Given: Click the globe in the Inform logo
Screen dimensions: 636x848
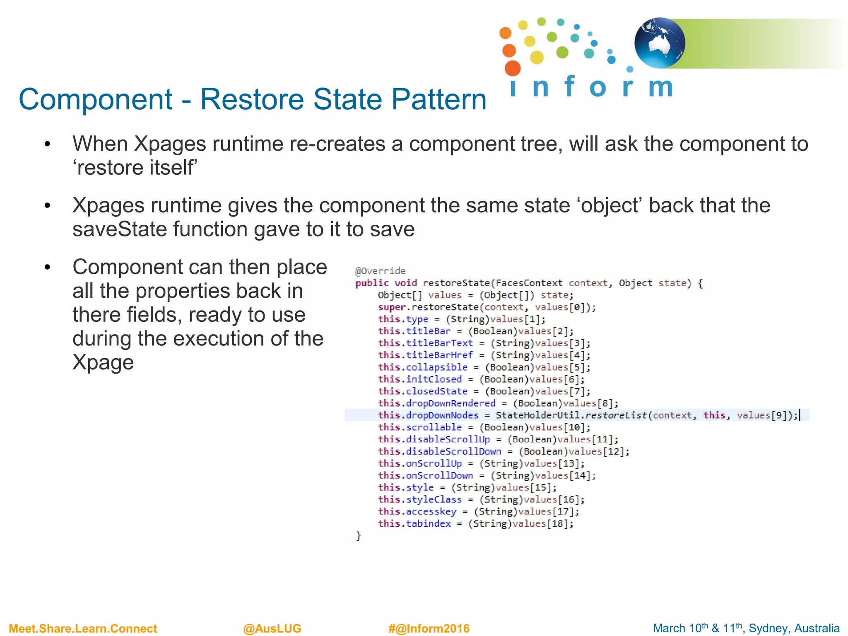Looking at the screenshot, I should pos(660,43).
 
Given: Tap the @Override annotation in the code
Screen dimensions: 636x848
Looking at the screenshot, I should pos(380,271).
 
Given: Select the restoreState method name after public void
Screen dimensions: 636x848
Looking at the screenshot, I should pos(456,283).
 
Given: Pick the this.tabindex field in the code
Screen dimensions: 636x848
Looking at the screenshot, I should pos(414,524).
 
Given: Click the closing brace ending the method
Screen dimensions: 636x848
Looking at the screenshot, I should pos(359,536).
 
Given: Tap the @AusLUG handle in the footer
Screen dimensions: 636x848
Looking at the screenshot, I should pos(272,629).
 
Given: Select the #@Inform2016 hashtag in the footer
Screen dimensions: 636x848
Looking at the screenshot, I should pos(429,629).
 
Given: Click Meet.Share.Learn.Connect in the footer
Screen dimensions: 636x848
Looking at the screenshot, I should pos(83,629).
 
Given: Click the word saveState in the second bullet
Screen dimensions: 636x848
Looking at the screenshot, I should pos(120,229).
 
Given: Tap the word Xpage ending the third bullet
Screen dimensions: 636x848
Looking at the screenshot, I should pos(103,363).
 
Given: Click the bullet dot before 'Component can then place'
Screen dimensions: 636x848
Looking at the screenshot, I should pos(47,267).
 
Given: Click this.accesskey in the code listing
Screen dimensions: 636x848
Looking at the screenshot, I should pos(417,512).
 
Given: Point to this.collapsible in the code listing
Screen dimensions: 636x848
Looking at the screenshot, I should pos(423,367).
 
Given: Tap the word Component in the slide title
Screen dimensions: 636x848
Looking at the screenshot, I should pos(96,99).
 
